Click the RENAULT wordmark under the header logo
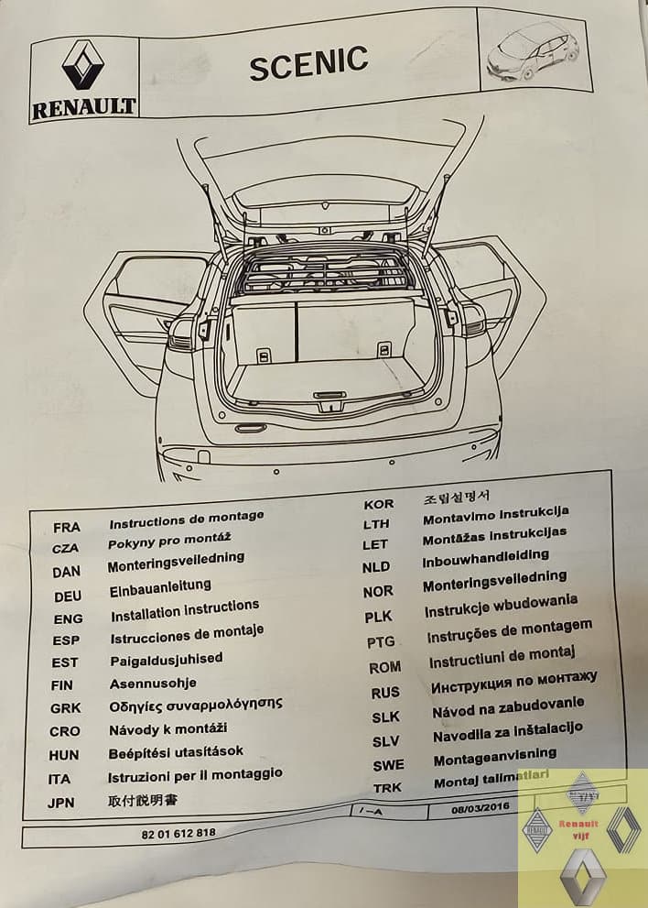coord(84,106)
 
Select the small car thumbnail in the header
coord(534,51)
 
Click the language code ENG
coord(68,618)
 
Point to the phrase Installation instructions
coord(185,610)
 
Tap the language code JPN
coord(63,803)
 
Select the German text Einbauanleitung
coord(160,586)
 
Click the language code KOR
coord(379,503)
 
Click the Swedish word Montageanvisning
coord(495,756)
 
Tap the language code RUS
coord(385,693)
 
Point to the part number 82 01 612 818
coord(179,833)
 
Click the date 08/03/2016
coord(481,808)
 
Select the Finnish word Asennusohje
coord(153,683)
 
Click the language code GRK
coord(65,707)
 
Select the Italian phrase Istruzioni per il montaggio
coord(196,775)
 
